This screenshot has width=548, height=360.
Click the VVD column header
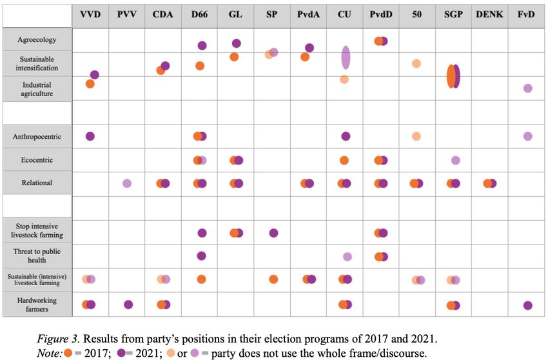coord(90,14)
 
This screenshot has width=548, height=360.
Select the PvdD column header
coord(380,14)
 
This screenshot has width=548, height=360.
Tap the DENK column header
coord(489,14)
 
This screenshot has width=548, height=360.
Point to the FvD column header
coord(526,14)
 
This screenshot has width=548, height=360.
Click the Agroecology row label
coord(37,39)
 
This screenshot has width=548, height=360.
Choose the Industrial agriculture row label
coord(37,89)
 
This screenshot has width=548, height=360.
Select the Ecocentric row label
coord(37,160)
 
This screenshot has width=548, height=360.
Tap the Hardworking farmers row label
coord(37,305)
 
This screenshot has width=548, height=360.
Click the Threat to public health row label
coord(37,255)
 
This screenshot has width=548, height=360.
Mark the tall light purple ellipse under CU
coord(346,57)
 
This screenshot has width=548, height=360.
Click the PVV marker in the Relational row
coord(127,183)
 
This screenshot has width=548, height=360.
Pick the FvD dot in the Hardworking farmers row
coord(528,305)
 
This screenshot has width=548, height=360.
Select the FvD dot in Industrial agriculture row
coord(528,88)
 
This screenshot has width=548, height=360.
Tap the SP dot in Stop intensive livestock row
coord(273,233)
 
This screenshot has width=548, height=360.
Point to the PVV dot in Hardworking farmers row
coord(128,305)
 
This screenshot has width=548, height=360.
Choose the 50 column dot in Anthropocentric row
coord(416,136)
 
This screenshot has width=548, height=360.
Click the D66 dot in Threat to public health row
coord(201,256)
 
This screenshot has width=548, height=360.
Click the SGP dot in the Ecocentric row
coord(456,160)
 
